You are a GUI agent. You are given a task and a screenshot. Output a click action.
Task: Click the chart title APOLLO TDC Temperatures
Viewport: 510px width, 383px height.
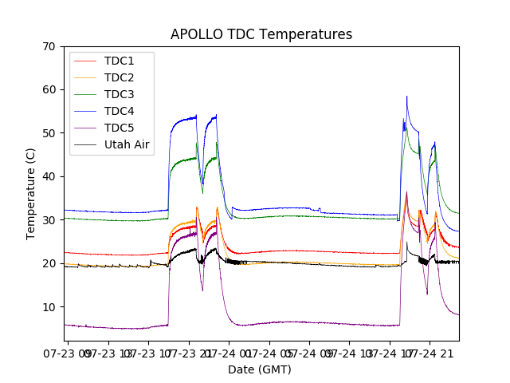tap(261, 34)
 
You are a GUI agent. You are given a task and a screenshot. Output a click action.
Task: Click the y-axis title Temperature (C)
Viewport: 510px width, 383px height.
tap(31, 193)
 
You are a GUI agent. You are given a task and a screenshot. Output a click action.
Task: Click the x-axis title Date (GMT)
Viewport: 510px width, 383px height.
tap(260, 369)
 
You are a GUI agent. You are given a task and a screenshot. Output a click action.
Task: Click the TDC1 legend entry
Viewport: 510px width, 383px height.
tap(119, 61)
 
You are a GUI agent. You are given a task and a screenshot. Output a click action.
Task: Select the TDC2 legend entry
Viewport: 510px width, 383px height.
tap(119, 77)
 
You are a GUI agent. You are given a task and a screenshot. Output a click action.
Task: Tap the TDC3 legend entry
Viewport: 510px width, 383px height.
tap(119, 94)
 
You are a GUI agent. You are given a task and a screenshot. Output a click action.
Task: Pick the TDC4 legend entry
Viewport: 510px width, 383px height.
tap(119, 111)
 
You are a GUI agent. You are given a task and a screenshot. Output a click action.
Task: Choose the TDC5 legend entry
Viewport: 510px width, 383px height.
tap(119, 128)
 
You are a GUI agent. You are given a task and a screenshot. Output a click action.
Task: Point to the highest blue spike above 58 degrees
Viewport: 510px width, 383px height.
tap(406, 97)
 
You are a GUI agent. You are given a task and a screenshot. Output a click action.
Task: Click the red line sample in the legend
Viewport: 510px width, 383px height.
tap(85, 61)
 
